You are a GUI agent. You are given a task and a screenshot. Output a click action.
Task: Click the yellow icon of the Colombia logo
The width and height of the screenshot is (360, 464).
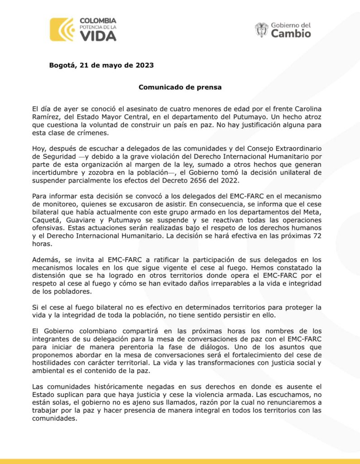[62, 29]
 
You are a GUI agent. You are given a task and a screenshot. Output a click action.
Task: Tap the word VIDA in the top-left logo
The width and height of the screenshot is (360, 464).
[98, 36]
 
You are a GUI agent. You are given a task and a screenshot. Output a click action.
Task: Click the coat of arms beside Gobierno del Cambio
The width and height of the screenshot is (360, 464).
[261, 29]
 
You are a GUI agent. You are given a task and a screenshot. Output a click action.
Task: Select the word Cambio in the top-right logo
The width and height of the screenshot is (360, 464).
[291, 34]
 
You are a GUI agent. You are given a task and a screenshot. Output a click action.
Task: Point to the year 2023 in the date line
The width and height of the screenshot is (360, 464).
[144, 65]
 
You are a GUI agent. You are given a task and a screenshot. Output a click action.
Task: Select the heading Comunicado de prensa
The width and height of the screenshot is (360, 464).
[180, 87]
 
